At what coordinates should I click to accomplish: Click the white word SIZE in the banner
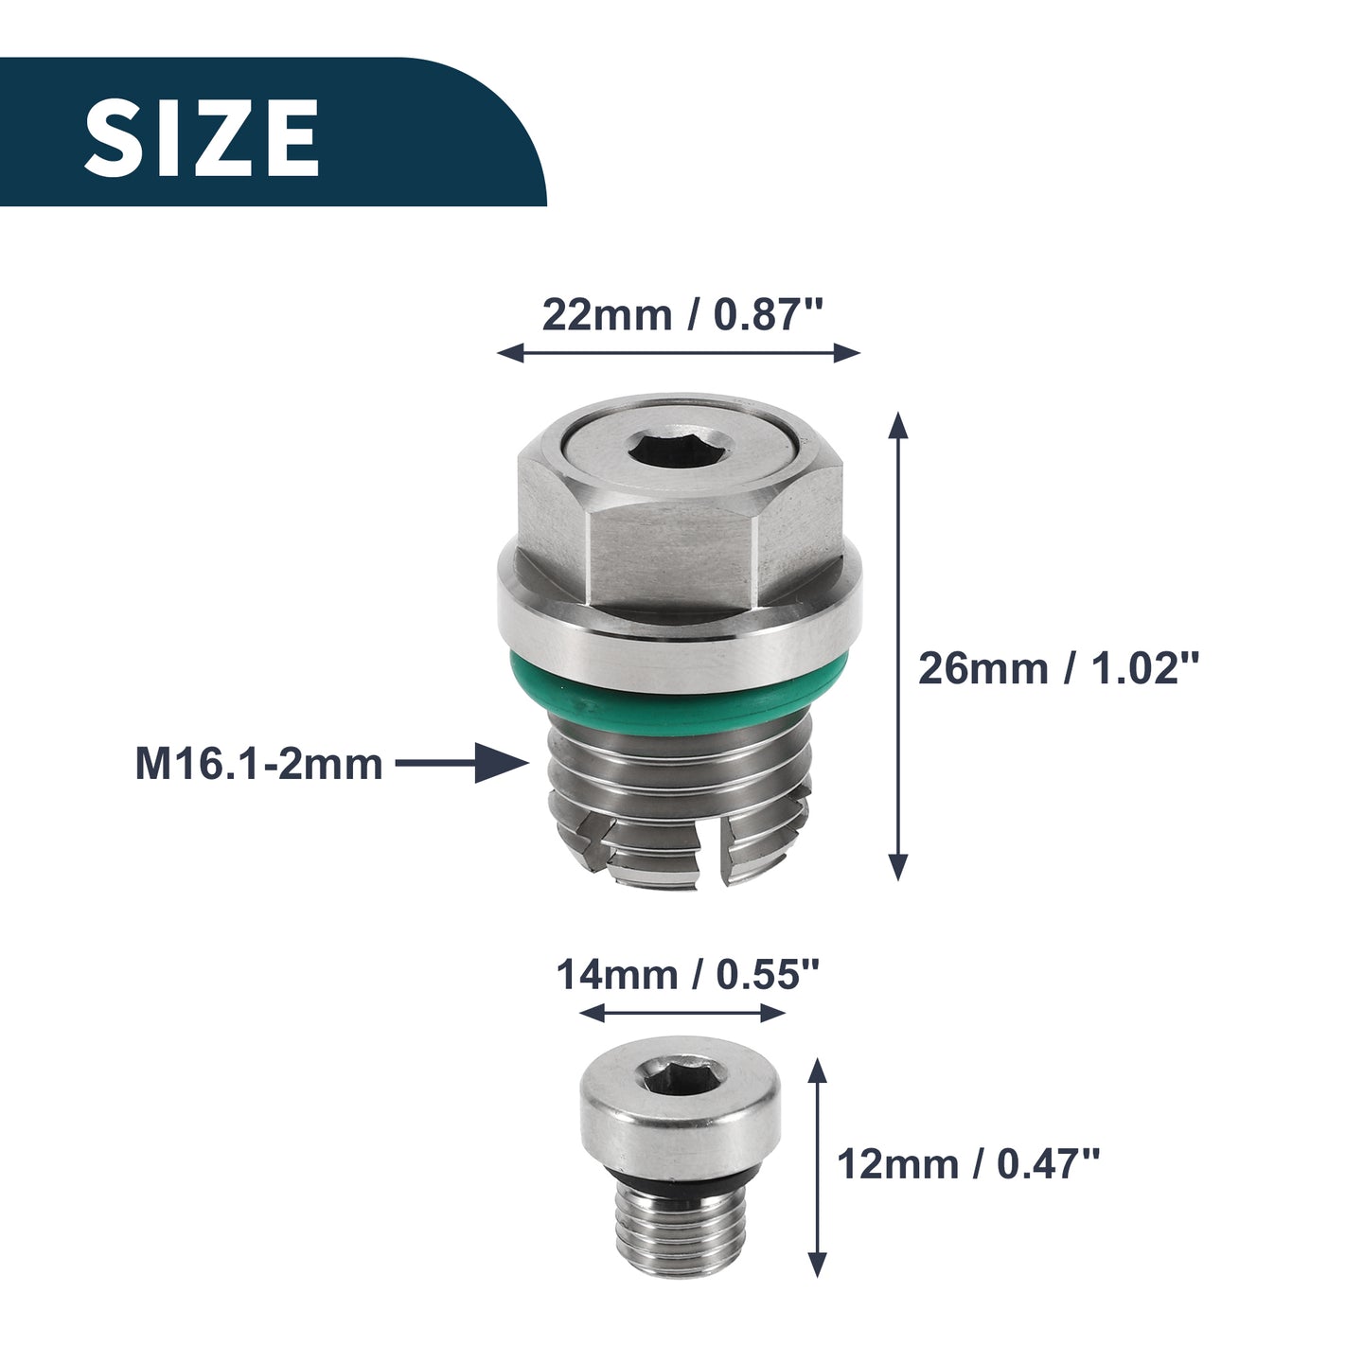(x=202, y=137)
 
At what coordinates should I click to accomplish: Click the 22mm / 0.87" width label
(x=683, y=314)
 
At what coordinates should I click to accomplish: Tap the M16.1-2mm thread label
(x=259, y=764)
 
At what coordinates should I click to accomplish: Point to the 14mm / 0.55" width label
(x=687, y=975)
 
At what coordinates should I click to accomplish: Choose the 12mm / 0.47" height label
(x=968, y=1164)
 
